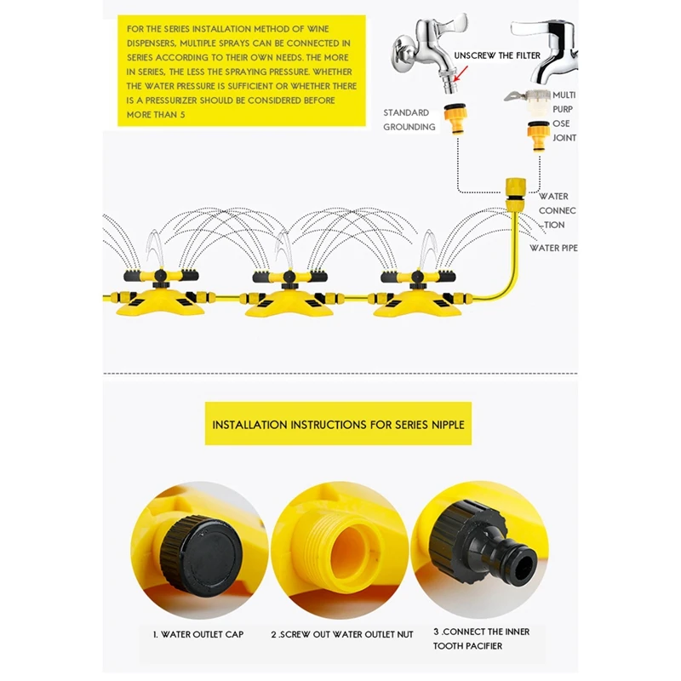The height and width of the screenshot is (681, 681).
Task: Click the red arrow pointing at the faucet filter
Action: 457,76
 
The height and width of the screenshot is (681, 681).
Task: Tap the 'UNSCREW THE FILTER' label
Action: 496,55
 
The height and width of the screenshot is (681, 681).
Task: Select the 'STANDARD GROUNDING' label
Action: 409,120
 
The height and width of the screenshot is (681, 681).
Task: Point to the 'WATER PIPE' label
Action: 553,248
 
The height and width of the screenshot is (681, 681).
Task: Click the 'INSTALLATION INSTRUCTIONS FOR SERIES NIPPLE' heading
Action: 338,424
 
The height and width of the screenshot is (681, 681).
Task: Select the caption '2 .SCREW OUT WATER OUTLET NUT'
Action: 342,634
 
